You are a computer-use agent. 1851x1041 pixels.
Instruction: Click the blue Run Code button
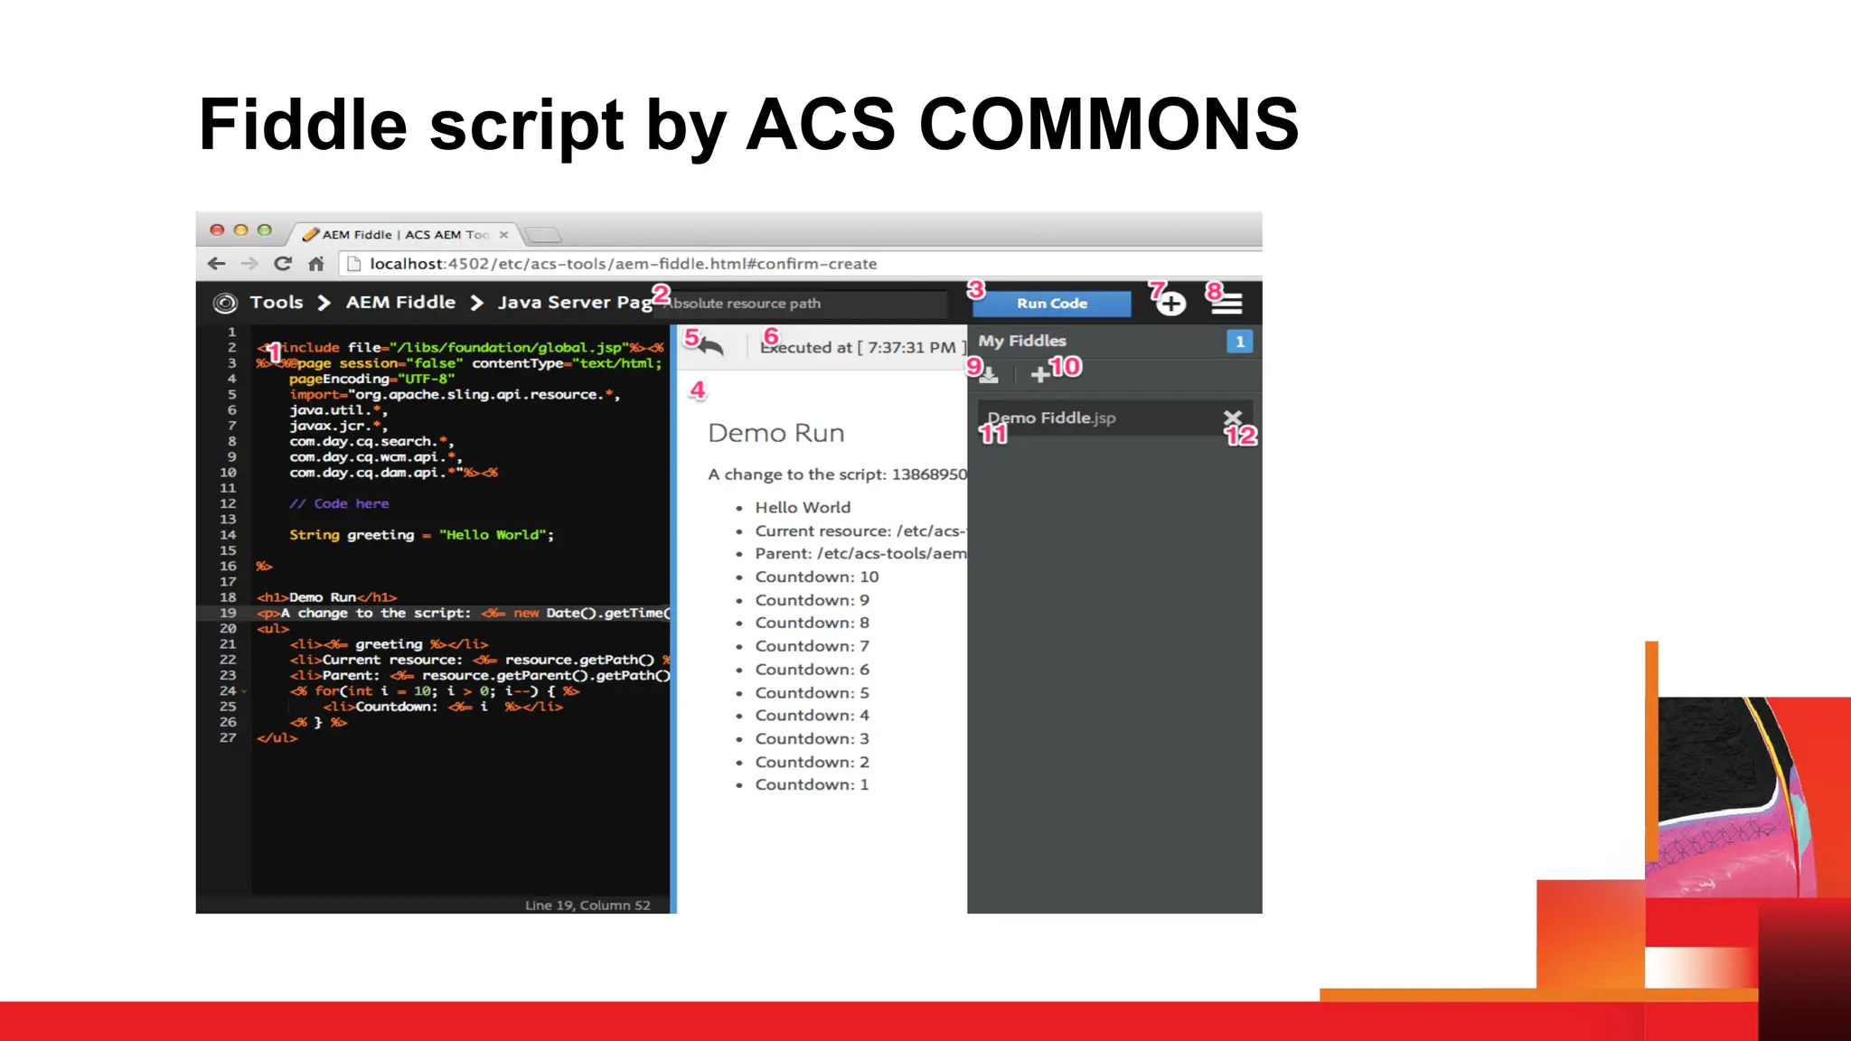point(1051,304)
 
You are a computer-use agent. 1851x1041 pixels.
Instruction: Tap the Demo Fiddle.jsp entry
point(1051,417)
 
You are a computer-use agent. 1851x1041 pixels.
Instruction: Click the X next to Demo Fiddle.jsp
point(1232,417)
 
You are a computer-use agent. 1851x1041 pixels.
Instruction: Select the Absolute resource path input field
point(804,304)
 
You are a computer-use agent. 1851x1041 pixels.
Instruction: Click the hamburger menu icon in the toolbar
point(1226,304)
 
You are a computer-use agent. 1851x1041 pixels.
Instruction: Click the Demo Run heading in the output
point(775,433)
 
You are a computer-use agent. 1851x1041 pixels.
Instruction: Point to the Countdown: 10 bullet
point(816,577)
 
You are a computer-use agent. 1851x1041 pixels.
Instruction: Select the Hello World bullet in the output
point(803,507)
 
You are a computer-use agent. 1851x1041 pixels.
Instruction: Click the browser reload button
point(283,264)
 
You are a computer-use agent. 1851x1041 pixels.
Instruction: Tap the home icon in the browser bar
point(315,264)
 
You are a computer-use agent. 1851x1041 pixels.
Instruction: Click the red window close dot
point(217,230)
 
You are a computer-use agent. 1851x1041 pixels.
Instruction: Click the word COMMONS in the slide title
point(1108,124)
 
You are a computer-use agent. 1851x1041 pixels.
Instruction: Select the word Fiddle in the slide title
point(303,124)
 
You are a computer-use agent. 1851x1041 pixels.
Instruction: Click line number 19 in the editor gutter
point(228,613)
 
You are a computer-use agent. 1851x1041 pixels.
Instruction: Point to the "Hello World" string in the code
point(493,535)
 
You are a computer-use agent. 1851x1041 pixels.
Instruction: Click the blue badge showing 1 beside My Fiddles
point(1239,342)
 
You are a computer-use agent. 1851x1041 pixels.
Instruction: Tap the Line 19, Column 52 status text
point(587,905)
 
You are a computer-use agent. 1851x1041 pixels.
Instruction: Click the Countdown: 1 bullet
point(812,784)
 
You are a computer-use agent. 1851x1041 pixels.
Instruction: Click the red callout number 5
point(691,338)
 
